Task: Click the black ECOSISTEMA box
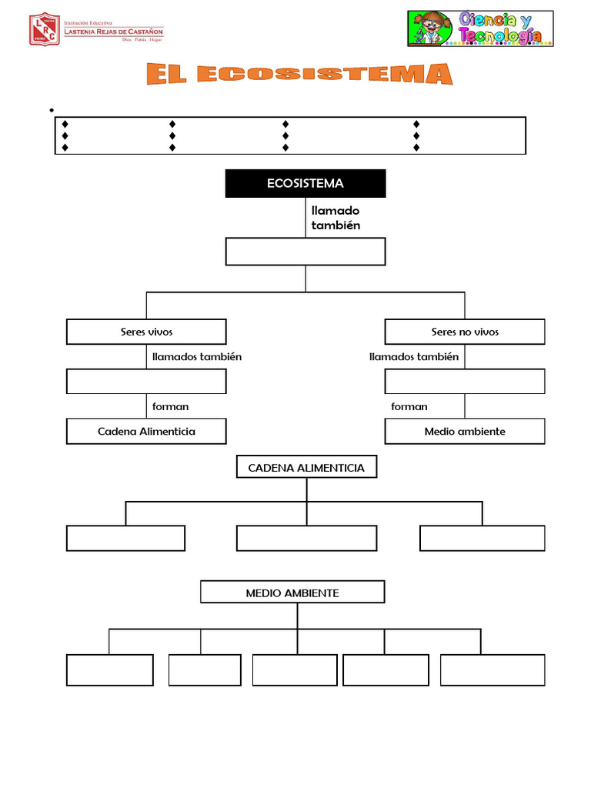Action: click(306, 184)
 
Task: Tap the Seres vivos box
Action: click(146, 332)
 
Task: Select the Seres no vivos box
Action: click(465, 332)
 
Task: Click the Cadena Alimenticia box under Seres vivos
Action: click(146, 431)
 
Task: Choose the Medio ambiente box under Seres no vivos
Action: click(465, 431)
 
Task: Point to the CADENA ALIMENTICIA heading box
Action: click(306, 468)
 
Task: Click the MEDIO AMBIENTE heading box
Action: click(292, 593)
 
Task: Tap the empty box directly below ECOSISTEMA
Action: click(306, 252)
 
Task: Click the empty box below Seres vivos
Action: click(146, 381)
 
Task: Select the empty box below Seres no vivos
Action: click(465, 381)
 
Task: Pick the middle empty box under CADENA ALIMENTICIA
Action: click(306, 538)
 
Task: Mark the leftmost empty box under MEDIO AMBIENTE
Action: click(110, 669)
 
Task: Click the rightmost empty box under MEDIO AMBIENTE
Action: click(492, 669)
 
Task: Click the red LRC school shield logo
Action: click(44, 28)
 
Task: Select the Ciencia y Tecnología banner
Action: click(480, 28)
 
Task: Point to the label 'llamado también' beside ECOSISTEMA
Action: click(336, 218)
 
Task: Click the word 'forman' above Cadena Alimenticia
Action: click(170, 406)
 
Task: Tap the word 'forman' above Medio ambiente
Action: click(409, 406)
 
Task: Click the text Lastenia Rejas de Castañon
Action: click(113, 32)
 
